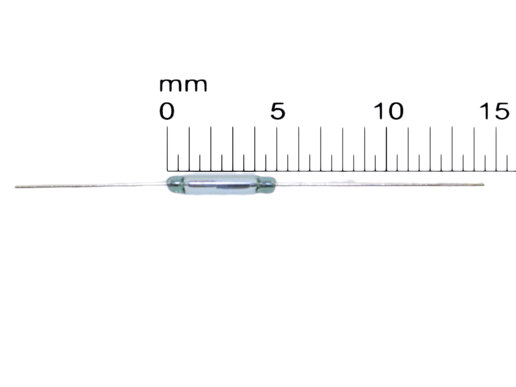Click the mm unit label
(x=183, y=85)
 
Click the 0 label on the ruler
(x=167, y=112)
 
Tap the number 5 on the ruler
(x=277, y=112)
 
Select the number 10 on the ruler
(x=388, y=112)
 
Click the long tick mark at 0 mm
(x=167, y=148)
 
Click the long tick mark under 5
(x=277, y=148)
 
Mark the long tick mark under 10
(x=387, y=148)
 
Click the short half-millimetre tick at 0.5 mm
(x=178, y=162)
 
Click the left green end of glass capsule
(x=174, y=184)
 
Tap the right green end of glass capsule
(x=267, y=184)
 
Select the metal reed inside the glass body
(x=221, y=185)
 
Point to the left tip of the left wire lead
(x=16, y=187)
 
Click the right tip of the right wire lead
(x=483, y=184)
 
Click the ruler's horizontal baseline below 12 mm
(x=430, y=171)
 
